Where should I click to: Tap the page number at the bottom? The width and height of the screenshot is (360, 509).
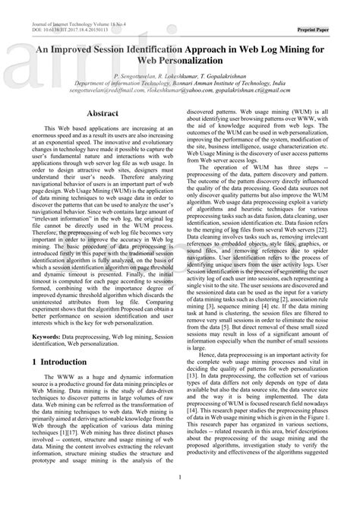[179, 498]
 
